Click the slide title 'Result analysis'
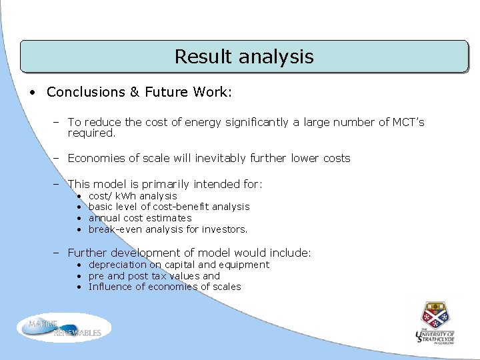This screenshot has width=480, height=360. (x=243, y=57)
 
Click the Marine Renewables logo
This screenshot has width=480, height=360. (x=65, y=327)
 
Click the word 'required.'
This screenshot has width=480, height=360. (x=91, y=133)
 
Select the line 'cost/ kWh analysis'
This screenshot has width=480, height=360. (x=133, y=196)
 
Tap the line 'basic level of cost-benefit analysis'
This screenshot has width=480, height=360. (x=169, y=207)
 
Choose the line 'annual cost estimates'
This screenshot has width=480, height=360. (x=140, y=218)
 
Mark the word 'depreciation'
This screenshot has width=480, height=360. (x=118, y=265)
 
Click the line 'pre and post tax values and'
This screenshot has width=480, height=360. (x=154, y=276)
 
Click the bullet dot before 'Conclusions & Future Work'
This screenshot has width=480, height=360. (x=33, y=93)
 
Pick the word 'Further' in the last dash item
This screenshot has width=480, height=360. (x=87, y=253)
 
